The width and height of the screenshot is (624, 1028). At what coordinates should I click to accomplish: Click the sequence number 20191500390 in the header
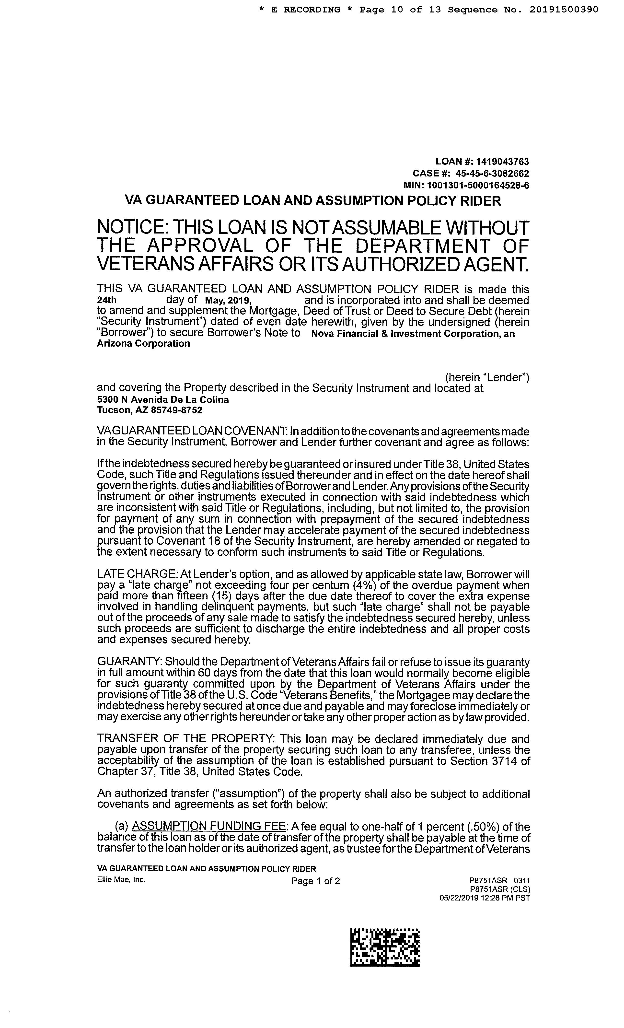pos(564,10)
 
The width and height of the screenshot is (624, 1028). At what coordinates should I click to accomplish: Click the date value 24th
pos(107,300)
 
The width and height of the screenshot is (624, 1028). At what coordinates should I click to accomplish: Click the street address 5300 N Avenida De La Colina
pos(163,400)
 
